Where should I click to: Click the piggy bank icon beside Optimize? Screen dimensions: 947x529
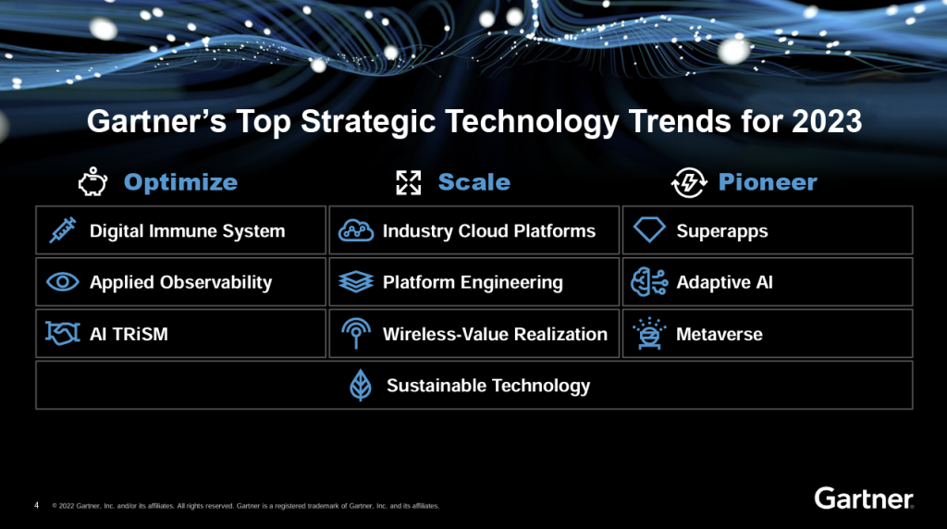tap(92, 182)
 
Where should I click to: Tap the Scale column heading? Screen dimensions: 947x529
tap(474, 182)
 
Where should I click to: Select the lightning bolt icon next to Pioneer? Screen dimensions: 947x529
tap(688, 182)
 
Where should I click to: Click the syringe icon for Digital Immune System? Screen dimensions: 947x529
tap(63, 230)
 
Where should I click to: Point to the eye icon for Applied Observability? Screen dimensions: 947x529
tap(63, 282)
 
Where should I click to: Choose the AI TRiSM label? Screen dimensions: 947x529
tap(129, 334)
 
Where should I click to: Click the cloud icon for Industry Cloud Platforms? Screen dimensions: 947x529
tap(356, 230)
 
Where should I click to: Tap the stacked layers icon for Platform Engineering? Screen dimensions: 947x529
tap(356, 282)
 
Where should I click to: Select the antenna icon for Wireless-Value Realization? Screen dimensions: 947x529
tap(356, 333)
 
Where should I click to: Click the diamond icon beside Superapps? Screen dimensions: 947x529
tap(649, 230)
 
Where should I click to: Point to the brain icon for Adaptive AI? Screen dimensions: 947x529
tap(649, 282)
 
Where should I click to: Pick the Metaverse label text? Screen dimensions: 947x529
tap(719, 334)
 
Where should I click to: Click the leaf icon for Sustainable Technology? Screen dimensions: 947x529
tap(361, 386)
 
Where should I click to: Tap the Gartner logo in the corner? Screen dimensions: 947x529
tap(864, 498)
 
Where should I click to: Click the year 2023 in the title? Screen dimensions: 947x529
tap(827, 121)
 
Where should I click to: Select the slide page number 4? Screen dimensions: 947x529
tap(37, 505)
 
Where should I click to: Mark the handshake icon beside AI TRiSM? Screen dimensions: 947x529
tap(63, 333)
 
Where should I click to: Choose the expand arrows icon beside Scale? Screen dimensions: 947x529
tap(408, 182)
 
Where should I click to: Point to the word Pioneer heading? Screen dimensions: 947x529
tap(768, 182)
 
